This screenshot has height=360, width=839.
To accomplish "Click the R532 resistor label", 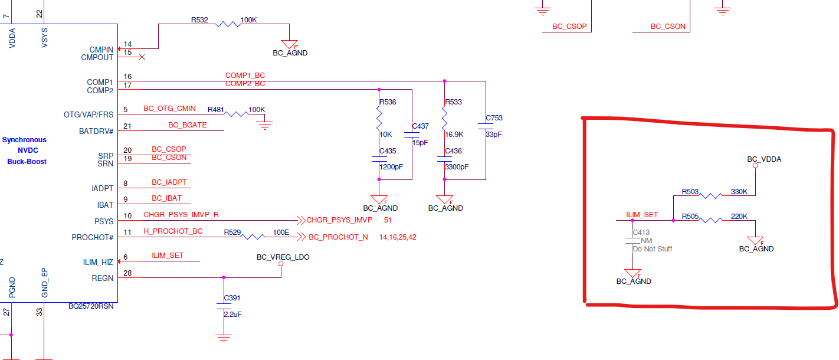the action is click(199, 20).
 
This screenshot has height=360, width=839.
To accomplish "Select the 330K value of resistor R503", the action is click(739, 192).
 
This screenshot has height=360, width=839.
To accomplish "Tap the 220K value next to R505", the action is click(739, 217).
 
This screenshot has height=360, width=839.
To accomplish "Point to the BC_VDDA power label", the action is click(764, 159).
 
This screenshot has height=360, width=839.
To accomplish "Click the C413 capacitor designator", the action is click(641, 233).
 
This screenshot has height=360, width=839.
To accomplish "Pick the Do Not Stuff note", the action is click(652, 249).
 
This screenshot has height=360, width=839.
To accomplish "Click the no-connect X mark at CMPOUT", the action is click(142, 57).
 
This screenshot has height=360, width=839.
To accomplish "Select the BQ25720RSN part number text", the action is click(91, 306).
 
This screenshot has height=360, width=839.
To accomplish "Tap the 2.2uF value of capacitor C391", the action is click(232, 315).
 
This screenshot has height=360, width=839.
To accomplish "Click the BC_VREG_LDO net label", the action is click(283, 257).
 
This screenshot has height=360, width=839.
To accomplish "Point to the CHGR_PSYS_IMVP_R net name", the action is click(181, 215).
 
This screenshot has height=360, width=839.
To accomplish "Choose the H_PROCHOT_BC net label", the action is click(173, 231).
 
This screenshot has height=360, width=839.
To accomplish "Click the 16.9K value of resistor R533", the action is click(454, 135).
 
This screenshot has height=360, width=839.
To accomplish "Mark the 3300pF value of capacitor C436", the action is click(457, 167).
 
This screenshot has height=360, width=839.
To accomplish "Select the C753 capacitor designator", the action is click(494, 118).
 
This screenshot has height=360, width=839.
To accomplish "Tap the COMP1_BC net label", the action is click(245, 76).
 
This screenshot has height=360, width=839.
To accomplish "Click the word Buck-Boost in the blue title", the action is click(27, 162).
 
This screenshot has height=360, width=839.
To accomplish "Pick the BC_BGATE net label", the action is click(187, 125).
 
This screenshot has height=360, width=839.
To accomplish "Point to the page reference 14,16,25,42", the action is click(398, 237).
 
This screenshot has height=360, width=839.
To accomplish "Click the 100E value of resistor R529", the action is click(281, 233).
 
